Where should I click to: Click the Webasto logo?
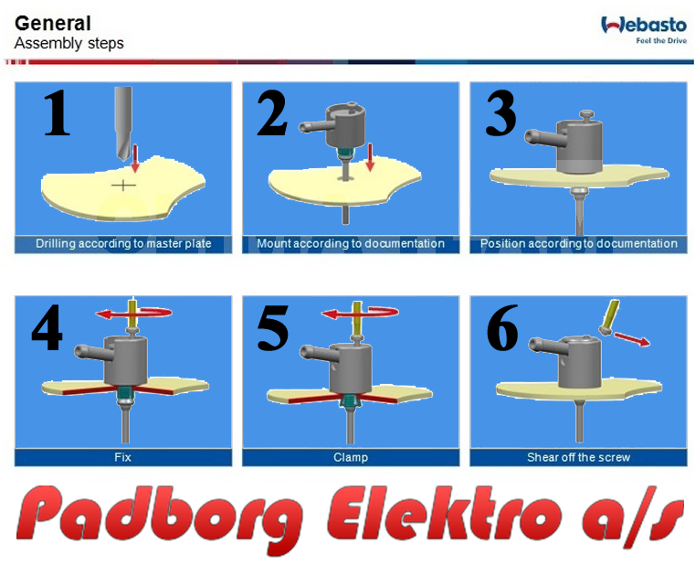pos(644,29)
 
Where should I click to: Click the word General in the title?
pos(53,23)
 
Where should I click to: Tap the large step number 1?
pos(57,112)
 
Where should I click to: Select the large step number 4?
pos(47,327)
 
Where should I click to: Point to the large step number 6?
pos(502,327)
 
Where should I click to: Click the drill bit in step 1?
pos(123,123)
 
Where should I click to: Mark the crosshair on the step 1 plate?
pos(123,185)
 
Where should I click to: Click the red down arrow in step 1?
pos(135,157)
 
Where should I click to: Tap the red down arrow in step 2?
pos(370,157)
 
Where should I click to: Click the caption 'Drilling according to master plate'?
pos(123,243)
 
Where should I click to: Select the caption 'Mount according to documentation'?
pos(351,243)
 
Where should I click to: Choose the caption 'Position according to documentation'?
pos(579,243)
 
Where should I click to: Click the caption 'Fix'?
pos(122,457)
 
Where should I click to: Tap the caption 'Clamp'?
pos(351,457)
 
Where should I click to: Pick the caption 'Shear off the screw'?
pos(578,457)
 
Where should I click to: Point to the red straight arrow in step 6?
pos(631,338)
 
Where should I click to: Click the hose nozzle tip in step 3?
pos(529,135)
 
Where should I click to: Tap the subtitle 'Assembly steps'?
pos(69,44)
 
